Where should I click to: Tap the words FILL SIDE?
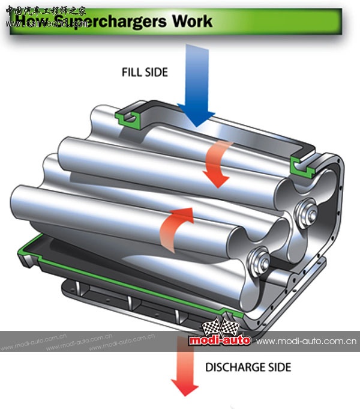point(144,73)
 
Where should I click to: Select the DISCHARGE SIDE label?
point(248,367)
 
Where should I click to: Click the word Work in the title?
point(192,22)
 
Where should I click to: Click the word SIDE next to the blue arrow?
point(157,73)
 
